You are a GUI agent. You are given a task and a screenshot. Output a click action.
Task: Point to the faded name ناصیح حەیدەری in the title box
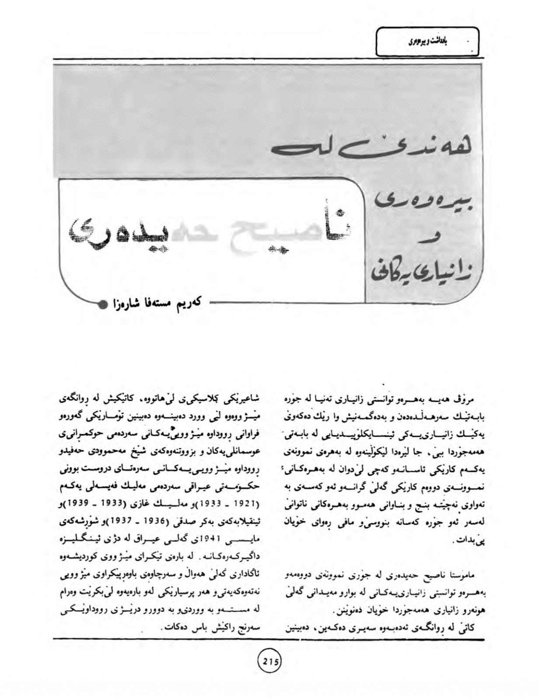point(210,235)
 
